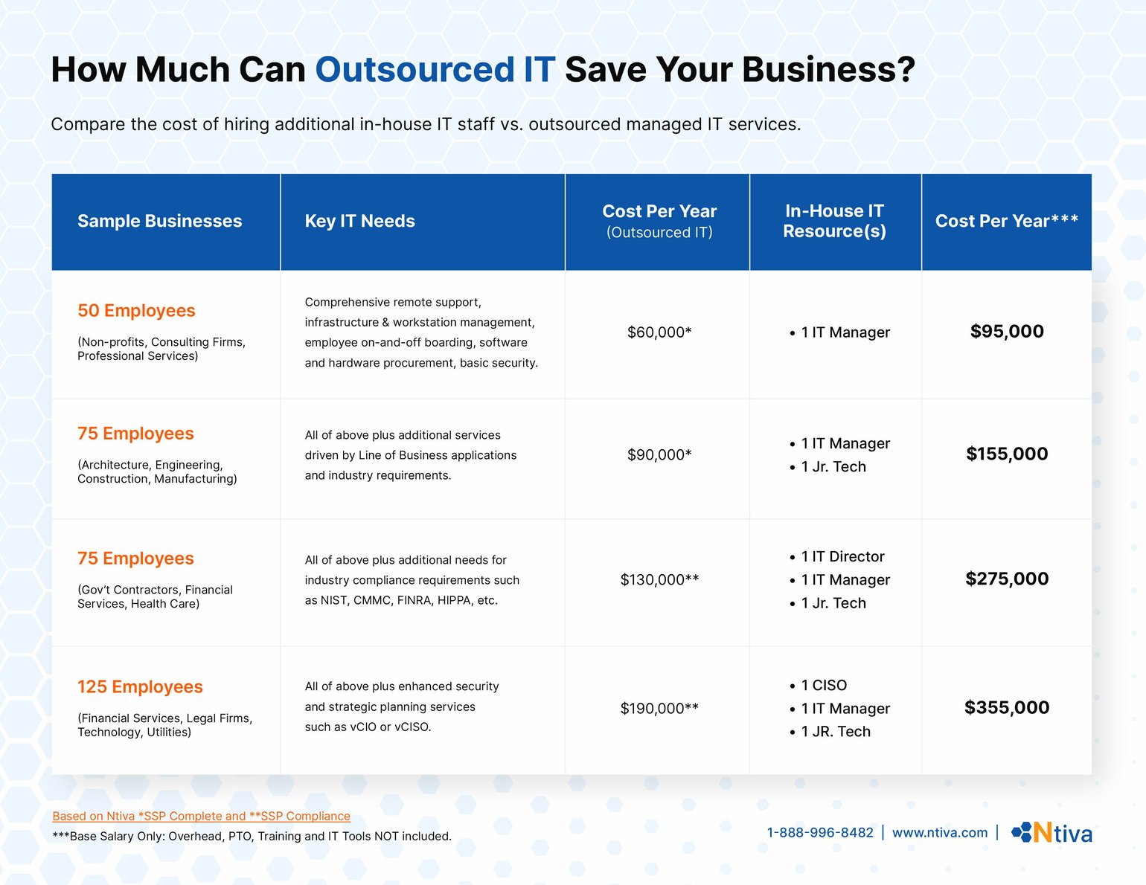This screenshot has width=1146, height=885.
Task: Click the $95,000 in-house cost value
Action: [1007, 332]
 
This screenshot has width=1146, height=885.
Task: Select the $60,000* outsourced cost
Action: [659, 332]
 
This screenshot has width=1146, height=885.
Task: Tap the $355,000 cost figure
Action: [1007, 708]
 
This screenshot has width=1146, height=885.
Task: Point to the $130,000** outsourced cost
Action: [659, 579]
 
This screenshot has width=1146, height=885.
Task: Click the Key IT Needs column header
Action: [359, 221]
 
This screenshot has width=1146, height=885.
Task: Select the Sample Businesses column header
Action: [159, 221]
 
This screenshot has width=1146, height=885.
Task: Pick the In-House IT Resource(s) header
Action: [834, 221]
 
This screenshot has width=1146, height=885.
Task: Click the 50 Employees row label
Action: [136, 311]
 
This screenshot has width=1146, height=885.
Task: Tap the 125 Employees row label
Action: [140, 687]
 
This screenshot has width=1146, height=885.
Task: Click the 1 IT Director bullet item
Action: [842, 556]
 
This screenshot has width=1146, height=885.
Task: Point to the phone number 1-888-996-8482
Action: [820, 832]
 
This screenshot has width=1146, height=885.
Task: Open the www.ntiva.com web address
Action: [940, 832]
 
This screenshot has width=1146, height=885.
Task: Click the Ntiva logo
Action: [1051, 832]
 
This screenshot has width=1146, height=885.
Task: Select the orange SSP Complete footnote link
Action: [201, 816]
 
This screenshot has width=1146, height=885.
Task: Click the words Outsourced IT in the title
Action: [435, 70]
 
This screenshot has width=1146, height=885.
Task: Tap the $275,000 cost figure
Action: [1007, 579]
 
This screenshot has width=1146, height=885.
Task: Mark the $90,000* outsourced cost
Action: [659, 454]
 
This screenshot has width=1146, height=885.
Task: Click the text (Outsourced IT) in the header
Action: [659, 233]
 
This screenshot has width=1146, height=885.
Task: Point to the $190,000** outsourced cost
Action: [659, 708]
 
